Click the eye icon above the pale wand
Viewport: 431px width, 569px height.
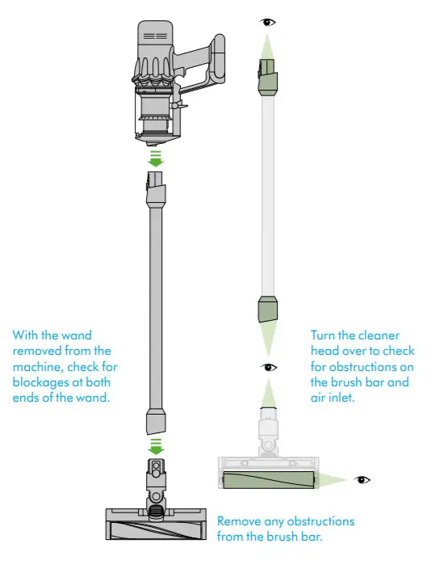coord(267,22)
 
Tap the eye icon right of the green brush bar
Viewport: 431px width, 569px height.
coord(362,479)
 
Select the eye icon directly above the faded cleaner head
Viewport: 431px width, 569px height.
coord(268,368)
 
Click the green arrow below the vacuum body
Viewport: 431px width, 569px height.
coord(156,158)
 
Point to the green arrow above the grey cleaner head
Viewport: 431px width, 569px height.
coord(156,445)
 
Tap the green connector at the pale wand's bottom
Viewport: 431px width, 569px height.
coord(267,310)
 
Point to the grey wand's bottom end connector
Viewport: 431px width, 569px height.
coord(156,420)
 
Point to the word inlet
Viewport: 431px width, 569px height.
coord(342,397)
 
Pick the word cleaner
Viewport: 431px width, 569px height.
coord(387,335)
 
